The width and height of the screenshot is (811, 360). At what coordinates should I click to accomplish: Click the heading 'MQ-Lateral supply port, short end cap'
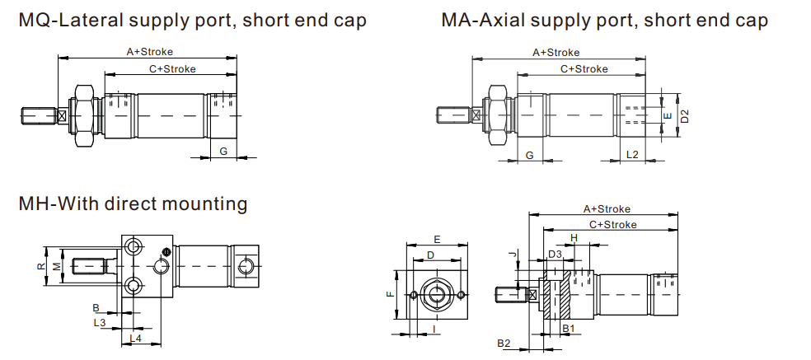[192, 20]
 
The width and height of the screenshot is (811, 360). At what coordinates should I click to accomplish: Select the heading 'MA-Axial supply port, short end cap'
[604, 20]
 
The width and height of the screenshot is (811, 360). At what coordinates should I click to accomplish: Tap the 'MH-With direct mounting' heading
[133, 203]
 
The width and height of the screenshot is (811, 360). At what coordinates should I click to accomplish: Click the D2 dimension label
[684, 116]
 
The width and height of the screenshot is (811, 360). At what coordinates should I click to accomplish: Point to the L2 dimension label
[632, 154]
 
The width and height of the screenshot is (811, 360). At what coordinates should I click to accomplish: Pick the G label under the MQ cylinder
[223, 151]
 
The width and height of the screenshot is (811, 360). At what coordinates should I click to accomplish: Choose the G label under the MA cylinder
[529, 154]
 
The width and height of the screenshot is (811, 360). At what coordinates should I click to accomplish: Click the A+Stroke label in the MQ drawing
[149, 51]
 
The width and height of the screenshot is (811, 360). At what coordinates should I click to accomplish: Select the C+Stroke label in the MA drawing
[584, 69]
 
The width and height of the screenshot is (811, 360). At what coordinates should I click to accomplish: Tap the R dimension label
[40, 266]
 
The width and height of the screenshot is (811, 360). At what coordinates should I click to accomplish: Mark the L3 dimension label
[99, 322]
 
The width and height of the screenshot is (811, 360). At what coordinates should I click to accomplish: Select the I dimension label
[434, 330]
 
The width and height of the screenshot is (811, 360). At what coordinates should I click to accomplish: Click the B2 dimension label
[504, 343]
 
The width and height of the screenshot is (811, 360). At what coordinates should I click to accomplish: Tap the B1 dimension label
[567, 328]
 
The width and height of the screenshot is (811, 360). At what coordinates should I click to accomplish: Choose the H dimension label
[574, 237]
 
